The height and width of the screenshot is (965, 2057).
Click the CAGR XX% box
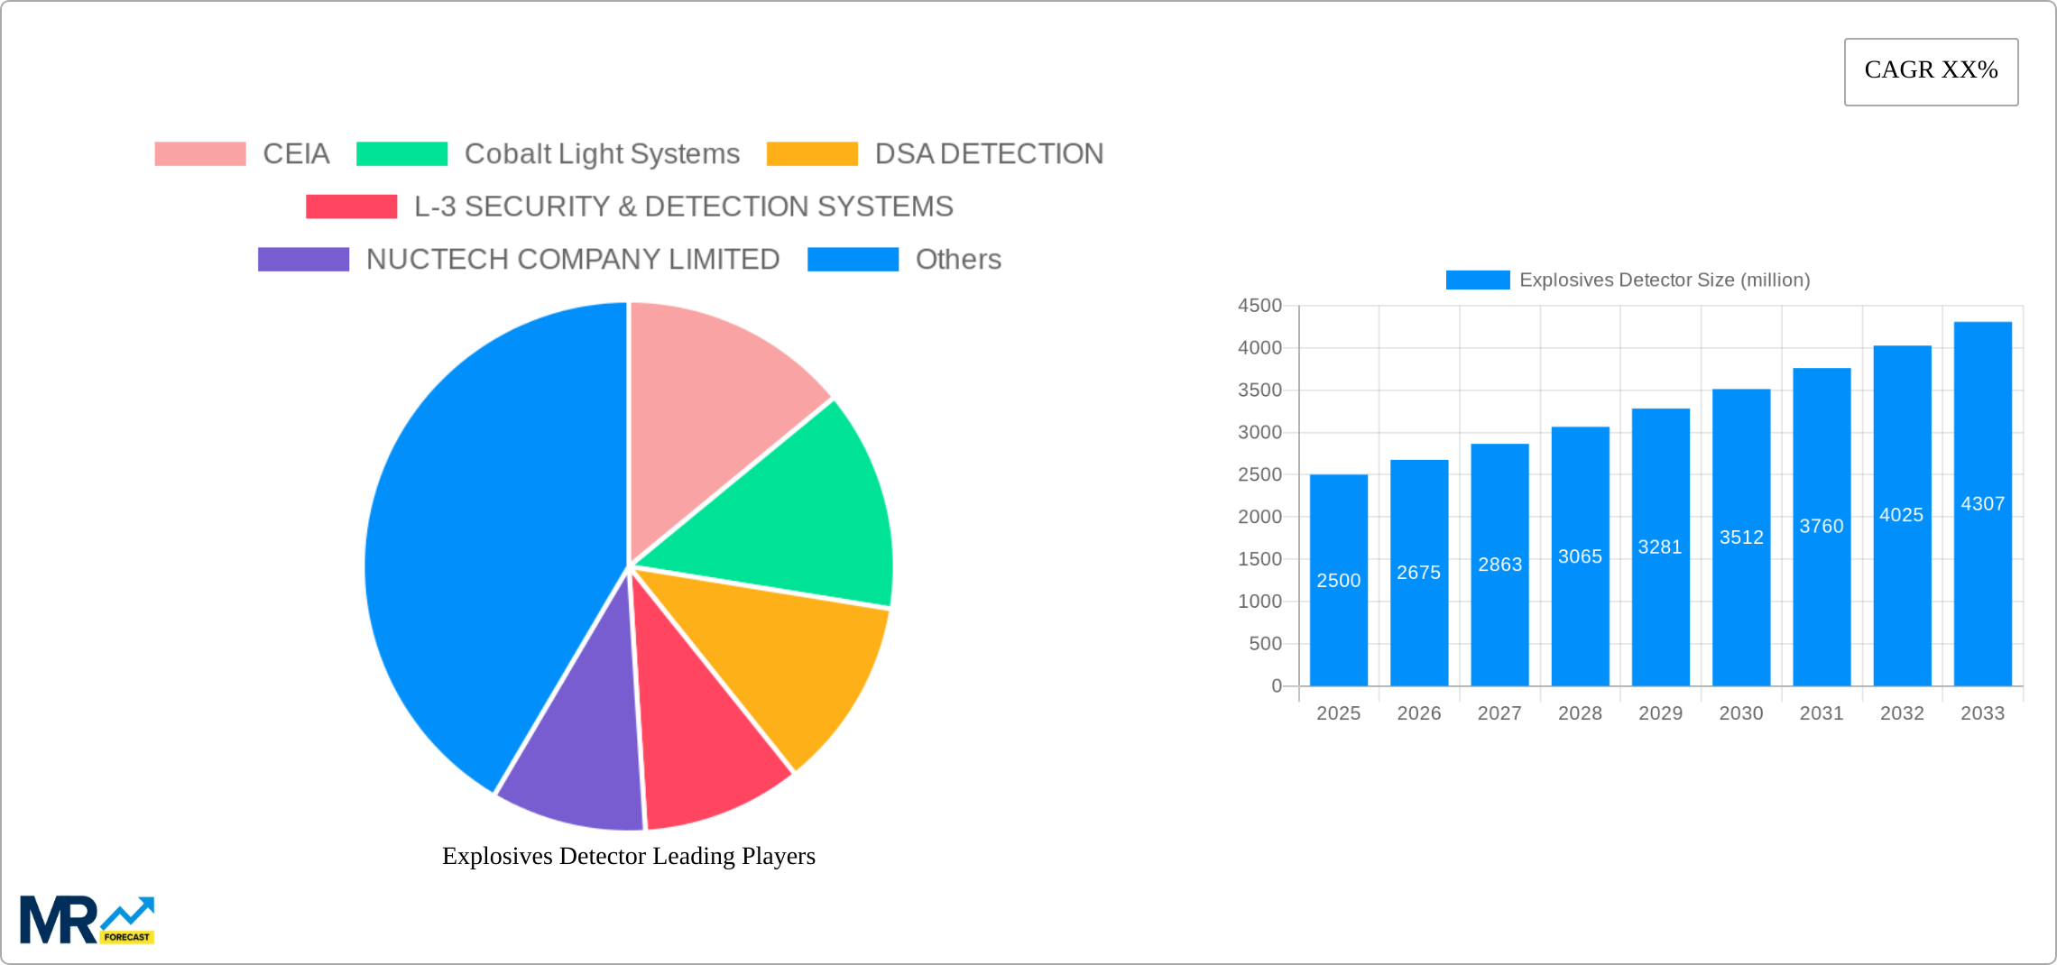point(1931,71)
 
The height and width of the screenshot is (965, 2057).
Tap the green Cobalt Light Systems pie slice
point(794,514)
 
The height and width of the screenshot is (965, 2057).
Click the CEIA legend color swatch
point(199,154)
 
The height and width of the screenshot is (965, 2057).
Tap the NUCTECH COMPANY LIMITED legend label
point(572,260)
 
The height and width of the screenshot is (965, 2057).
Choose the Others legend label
point(958,260)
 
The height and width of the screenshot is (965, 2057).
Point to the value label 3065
point(1580,556)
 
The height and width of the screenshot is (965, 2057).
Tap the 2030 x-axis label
point(1740,713)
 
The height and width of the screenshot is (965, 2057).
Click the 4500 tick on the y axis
point(1259,306)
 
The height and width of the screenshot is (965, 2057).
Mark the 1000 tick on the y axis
point(1259,602)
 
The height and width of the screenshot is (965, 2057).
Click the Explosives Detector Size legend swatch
point(1477,280)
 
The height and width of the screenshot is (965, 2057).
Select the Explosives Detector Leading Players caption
point(628,856)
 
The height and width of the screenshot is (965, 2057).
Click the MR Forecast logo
point(87,920)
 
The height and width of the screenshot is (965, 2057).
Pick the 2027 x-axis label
point(1499,713)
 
